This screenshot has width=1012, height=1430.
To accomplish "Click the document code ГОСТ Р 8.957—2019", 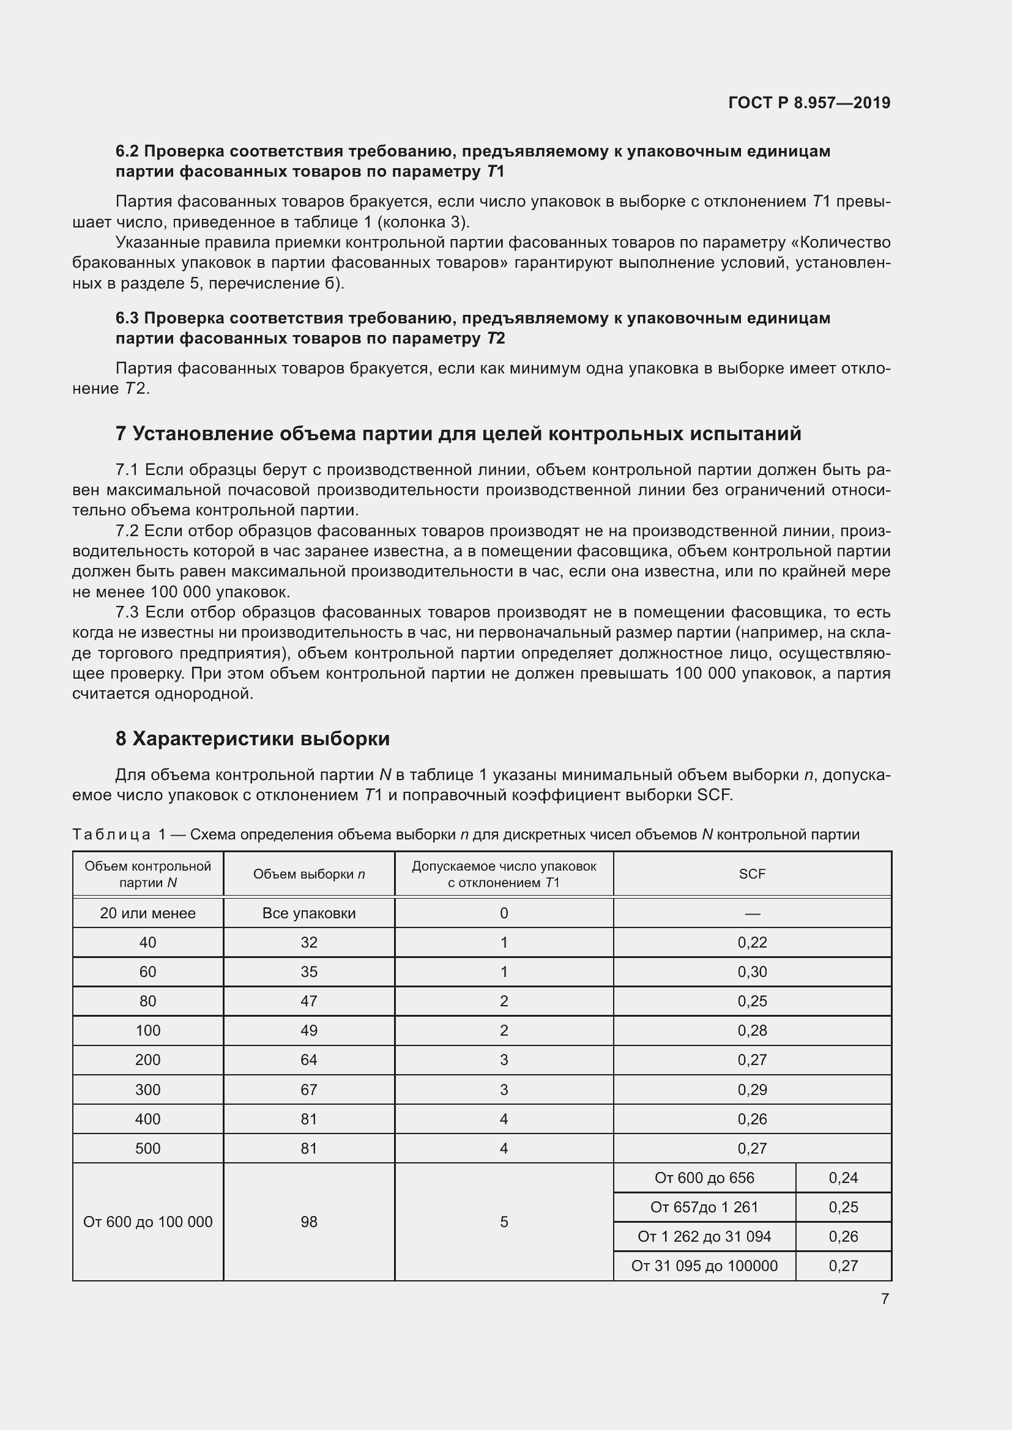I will click(x=809, y=103).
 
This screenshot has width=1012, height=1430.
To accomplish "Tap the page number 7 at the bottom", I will click(x=884, y=1299).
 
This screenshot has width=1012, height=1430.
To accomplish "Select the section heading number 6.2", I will click(x=128, y=152).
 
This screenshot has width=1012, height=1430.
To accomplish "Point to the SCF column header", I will click(x=751, y=874).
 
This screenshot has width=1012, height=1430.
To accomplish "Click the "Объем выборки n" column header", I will click(x=308, y=874).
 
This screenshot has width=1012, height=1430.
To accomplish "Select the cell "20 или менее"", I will click(x=147, y=913).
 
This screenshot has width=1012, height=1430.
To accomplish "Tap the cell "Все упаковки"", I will click(x=308, y=913).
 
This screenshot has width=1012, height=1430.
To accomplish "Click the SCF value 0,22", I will click(x=751, y=942).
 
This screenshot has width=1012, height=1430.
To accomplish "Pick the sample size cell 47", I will click(x=308, y=1001).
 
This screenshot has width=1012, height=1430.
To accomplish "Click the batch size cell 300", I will click(x=147, y=1089).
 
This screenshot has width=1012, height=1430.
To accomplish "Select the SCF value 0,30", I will click(x=751, y=971).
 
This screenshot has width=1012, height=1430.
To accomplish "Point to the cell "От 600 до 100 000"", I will click(x=147, y=1222).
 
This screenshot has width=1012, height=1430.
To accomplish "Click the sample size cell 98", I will click(x=308, y=1222).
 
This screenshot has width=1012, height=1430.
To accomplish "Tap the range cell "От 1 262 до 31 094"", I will click(x=704, y=1236).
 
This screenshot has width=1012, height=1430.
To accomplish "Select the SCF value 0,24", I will click(x=843, y=1178).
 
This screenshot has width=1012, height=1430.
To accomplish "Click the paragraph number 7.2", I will click(x=128, y=531).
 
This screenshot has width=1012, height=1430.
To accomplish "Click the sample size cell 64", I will click(x=308, y=1060).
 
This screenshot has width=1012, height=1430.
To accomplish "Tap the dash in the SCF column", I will click(x=751, y=913).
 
